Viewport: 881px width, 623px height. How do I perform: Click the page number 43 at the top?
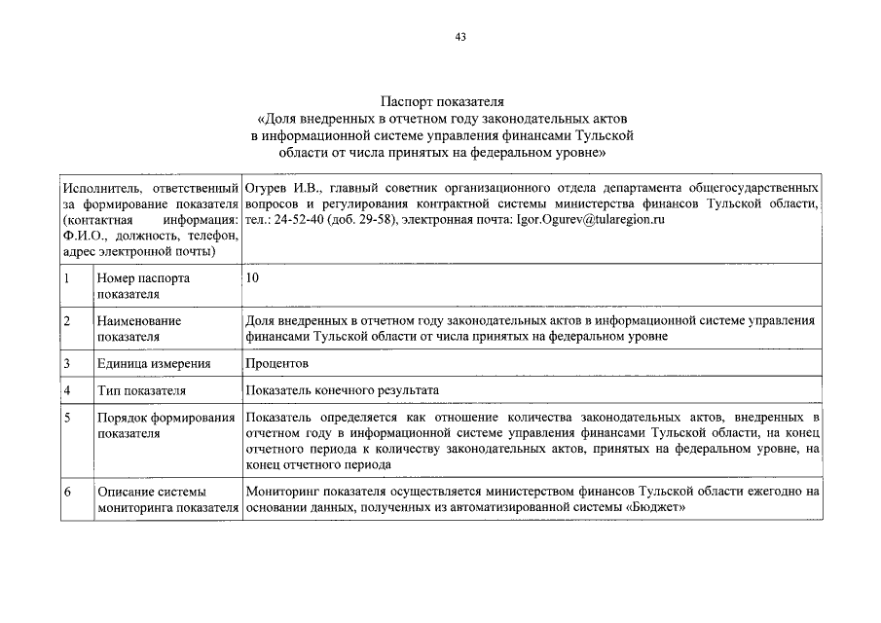click(460, 38)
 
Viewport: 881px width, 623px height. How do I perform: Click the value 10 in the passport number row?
click(253, 278)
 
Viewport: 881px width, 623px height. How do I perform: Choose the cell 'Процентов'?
click(277, 363)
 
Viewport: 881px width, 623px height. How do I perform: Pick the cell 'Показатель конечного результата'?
click(343, 390)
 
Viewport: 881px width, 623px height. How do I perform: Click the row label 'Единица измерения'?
click(153, 363)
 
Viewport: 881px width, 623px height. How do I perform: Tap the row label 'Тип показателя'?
click(140, 390)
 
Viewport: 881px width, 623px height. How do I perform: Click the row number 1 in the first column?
click(66, 278)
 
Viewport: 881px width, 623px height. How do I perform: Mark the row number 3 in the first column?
click(66, 363)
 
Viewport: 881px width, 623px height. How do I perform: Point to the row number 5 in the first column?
click(66, 418)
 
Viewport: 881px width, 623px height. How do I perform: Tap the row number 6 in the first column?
click(66, 492)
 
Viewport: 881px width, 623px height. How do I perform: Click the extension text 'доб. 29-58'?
click(364, 220)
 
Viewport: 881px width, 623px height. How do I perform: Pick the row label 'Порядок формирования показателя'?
click(166, 425)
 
